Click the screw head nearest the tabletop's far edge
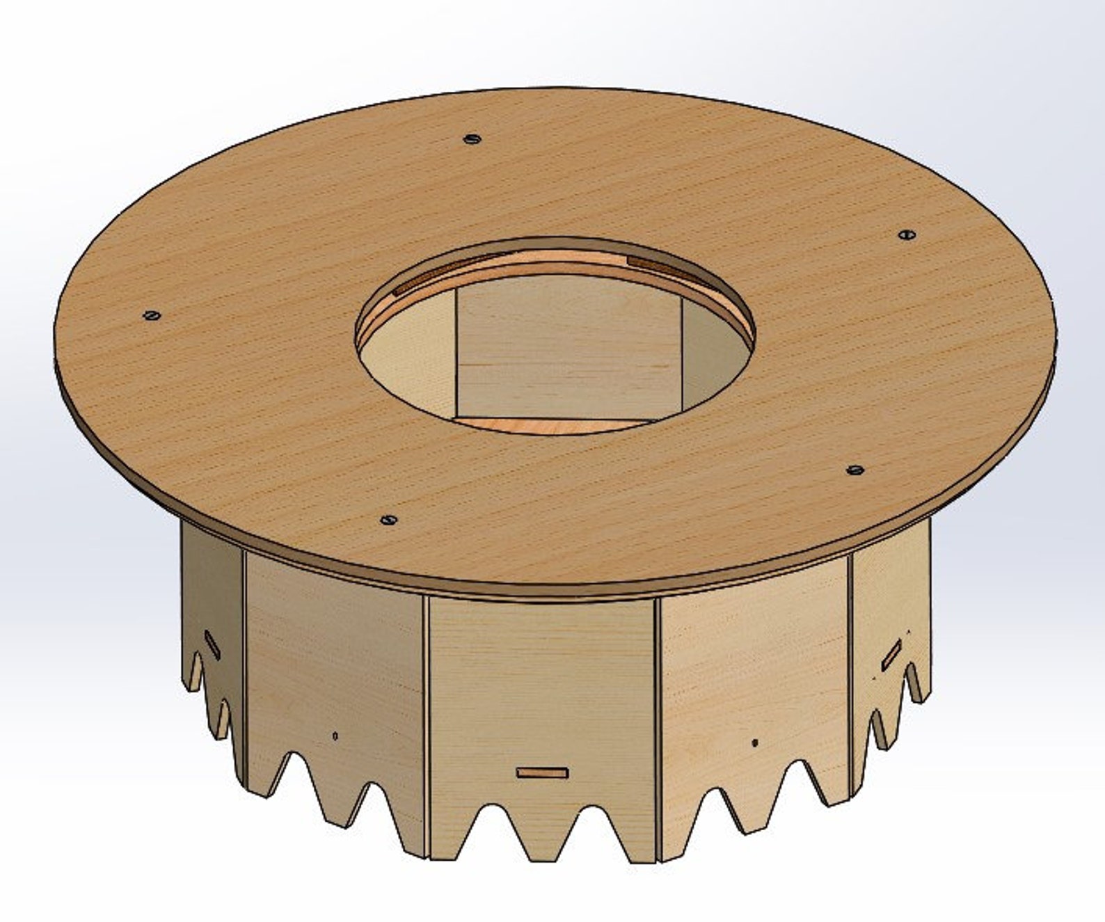[x=472, y=138]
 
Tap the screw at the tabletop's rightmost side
[x=905, y=235]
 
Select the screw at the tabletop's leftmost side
[x=152, y=315]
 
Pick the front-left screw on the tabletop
[x=388, y=519]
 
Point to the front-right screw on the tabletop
[x=855, y=470]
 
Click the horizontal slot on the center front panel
[x=542, y=772]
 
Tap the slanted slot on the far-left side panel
[x=212, y=645]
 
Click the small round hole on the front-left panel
[x=335, y=736]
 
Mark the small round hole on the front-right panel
[x=754, y=742]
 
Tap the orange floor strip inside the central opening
[x=529, y=425]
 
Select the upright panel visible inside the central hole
[x=567, y=348]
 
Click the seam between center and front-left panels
[x=426, y=724]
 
